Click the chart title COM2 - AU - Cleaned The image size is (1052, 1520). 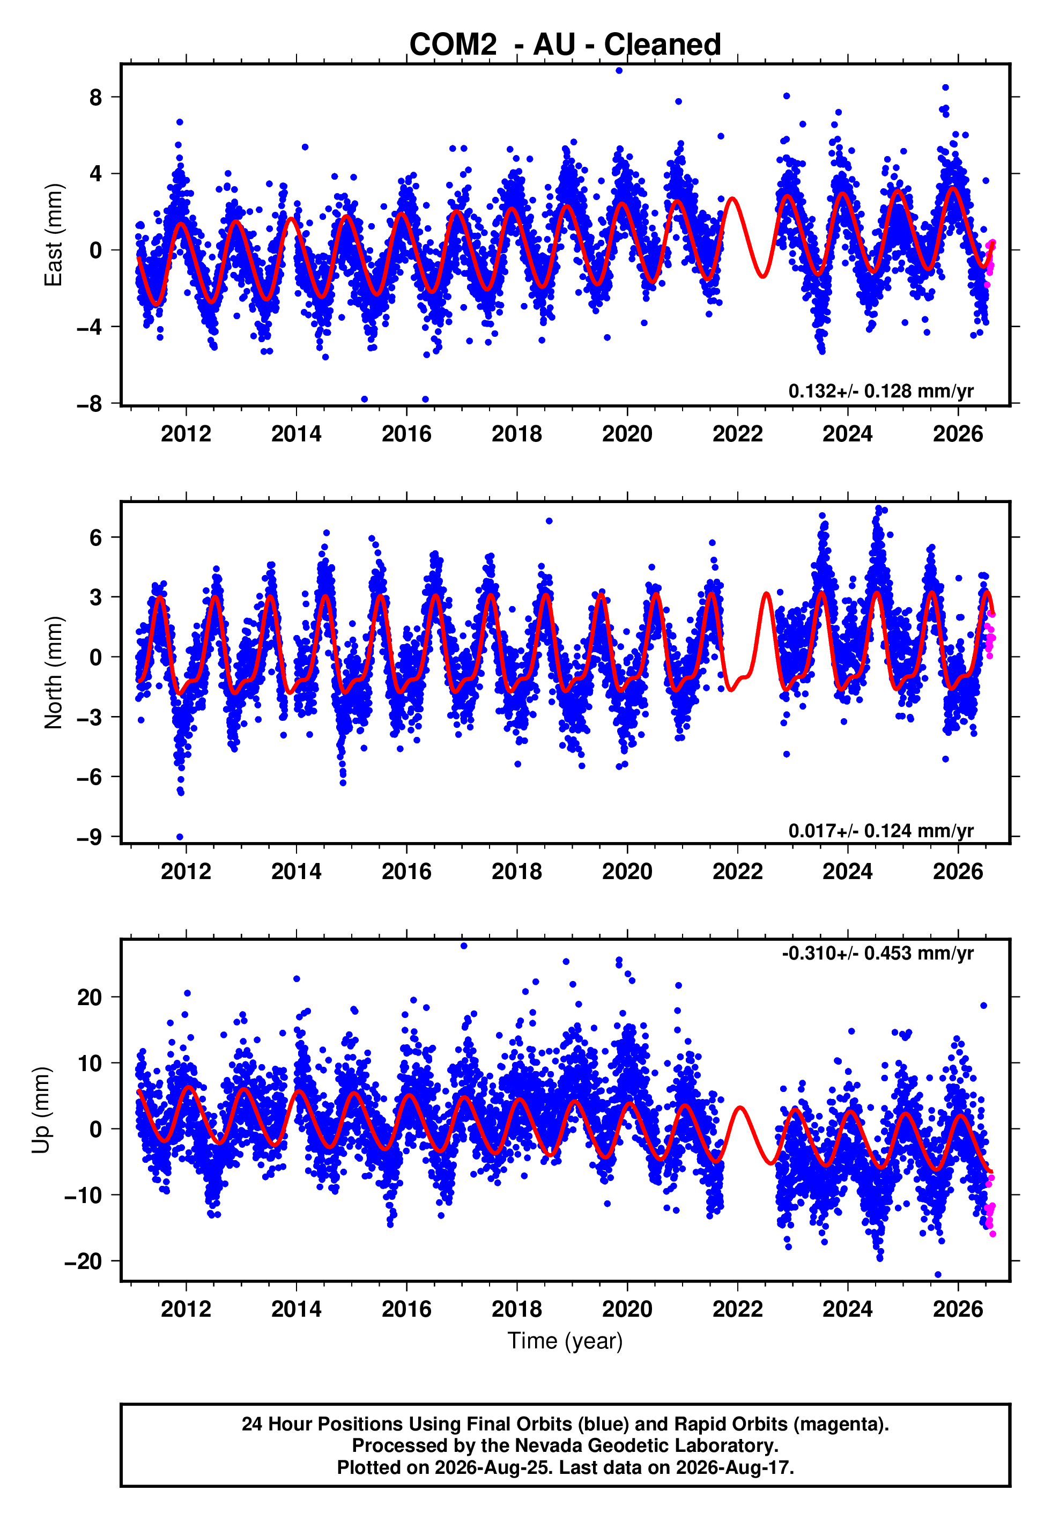click(565, 45)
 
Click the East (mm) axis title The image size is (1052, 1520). click(54, 235)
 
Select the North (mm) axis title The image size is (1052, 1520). click(54, 673)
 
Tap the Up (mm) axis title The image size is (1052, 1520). click(41, 1110)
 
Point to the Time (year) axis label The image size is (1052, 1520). click(565, 1341)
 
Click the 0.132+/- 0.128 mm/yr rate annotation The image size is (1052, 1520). click(880, 392)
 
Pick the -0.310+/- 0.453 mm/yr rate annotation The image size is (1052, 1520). click(878, 954)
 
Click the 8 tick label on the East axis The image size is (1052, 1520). click(95, 98)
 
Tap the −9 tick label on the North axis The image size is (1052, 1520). click(89, 838)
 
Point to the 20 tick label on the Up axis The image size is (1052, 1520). click(90, 997)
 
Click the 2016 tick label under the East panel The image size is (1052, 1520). click(406, 434)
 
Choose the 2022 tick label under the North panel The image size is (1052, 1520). click(738, 872)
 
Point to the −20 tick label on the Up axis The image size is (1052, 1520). click(83, 1261)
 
